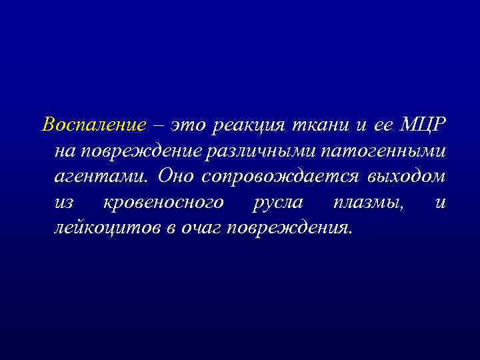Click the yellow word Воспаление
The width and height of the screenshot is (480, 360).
(x=93, y=125)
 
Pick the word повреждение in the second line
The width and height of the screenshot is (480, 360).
(x=141, y=151)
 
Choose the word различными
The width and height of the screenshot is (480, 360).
(x=261, y=151)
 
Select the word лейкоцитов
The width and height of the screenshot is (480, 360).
(x=108, y=229)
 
